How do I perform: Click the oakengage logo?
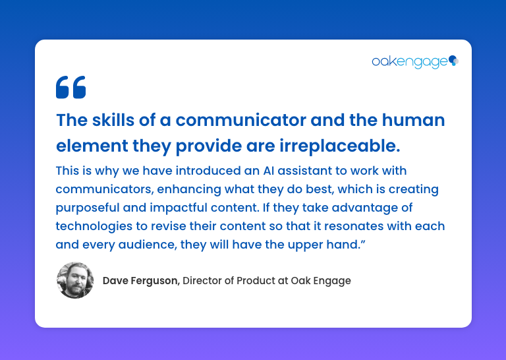[415, 62]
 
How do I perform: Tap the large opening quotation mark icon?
[71, 87]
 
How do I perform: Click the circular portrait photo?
[75, 280]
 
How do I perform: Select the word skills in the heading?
[113, 120]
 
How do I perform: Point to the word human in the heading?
[413, 120]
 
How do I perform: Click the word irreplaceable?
[340, 146]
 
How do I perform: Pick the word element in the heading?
[92, 146]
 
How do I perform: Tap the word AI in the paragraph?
[269, 171]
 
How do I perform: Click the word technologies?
[94, 226]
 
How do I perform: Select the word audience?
[148, 245]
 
